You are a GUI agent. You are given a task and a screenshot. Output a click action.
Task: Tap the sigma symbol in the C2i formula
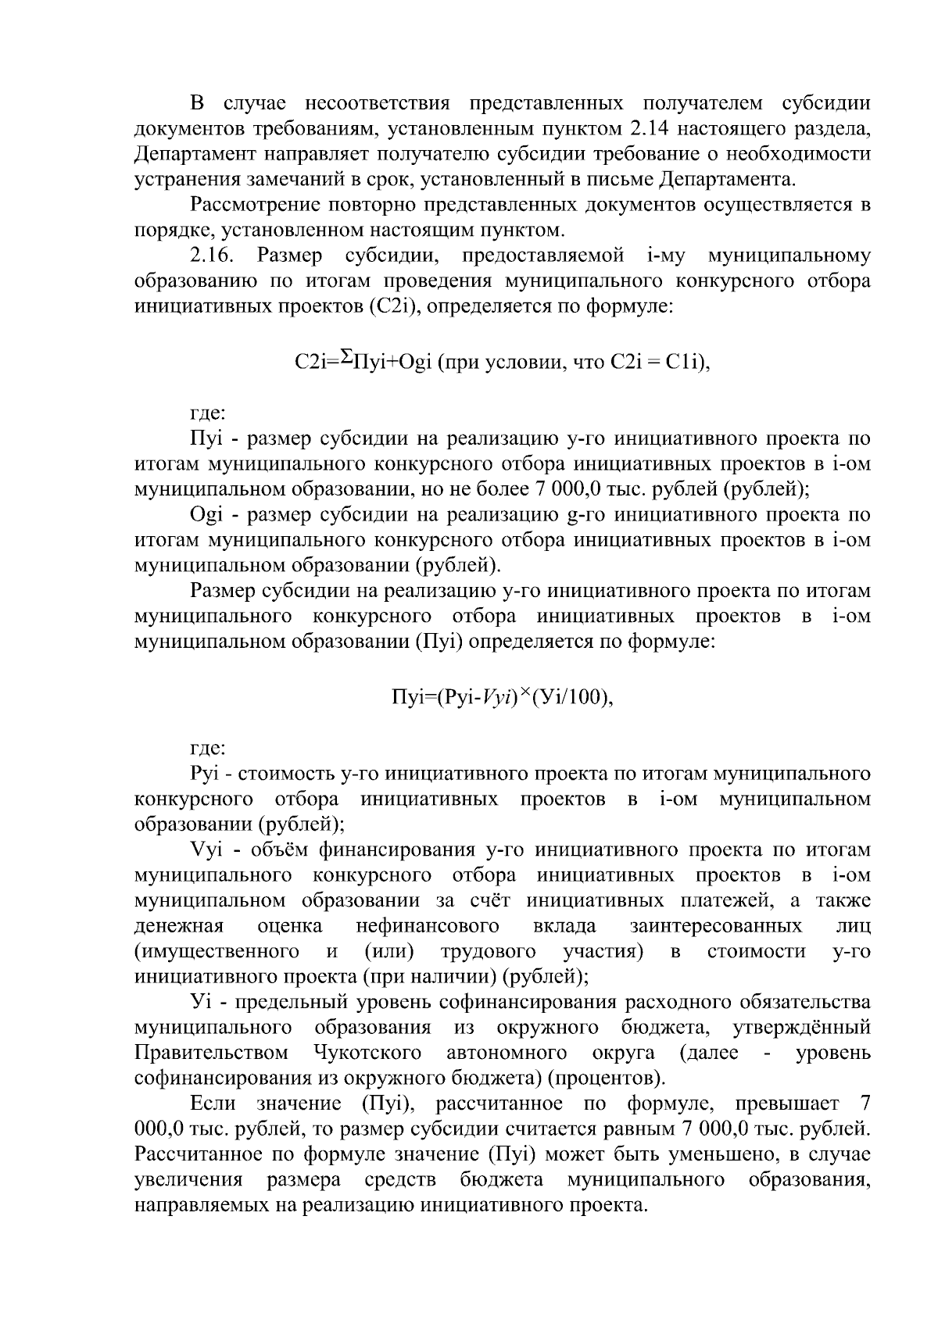[344, 357]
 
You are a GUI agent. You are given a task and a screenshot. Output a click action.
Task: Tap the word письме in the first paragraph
[618, 179]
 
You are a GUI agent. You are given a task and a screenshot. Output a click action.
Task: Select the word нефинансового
[428, 926]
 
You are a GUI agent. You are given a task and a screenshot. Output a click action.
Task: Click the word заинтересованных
[716, 926]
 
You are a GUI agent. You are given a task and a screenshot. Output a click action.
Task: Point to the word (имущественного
[217, 951]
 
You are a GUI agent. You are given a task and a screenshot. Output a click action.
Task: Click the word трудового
[488, 951]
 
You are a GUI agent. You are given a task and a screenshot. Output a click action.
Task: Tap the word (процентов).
[607, 1078]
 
